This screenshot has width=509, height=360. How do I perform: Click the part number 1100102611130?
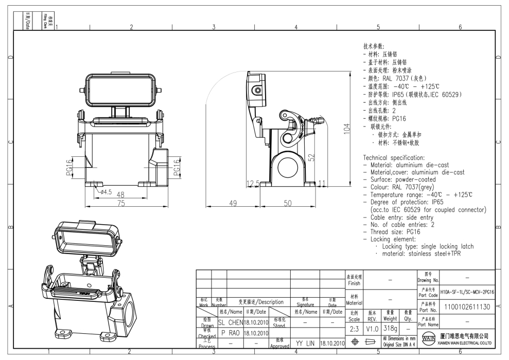coord(467,305)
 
